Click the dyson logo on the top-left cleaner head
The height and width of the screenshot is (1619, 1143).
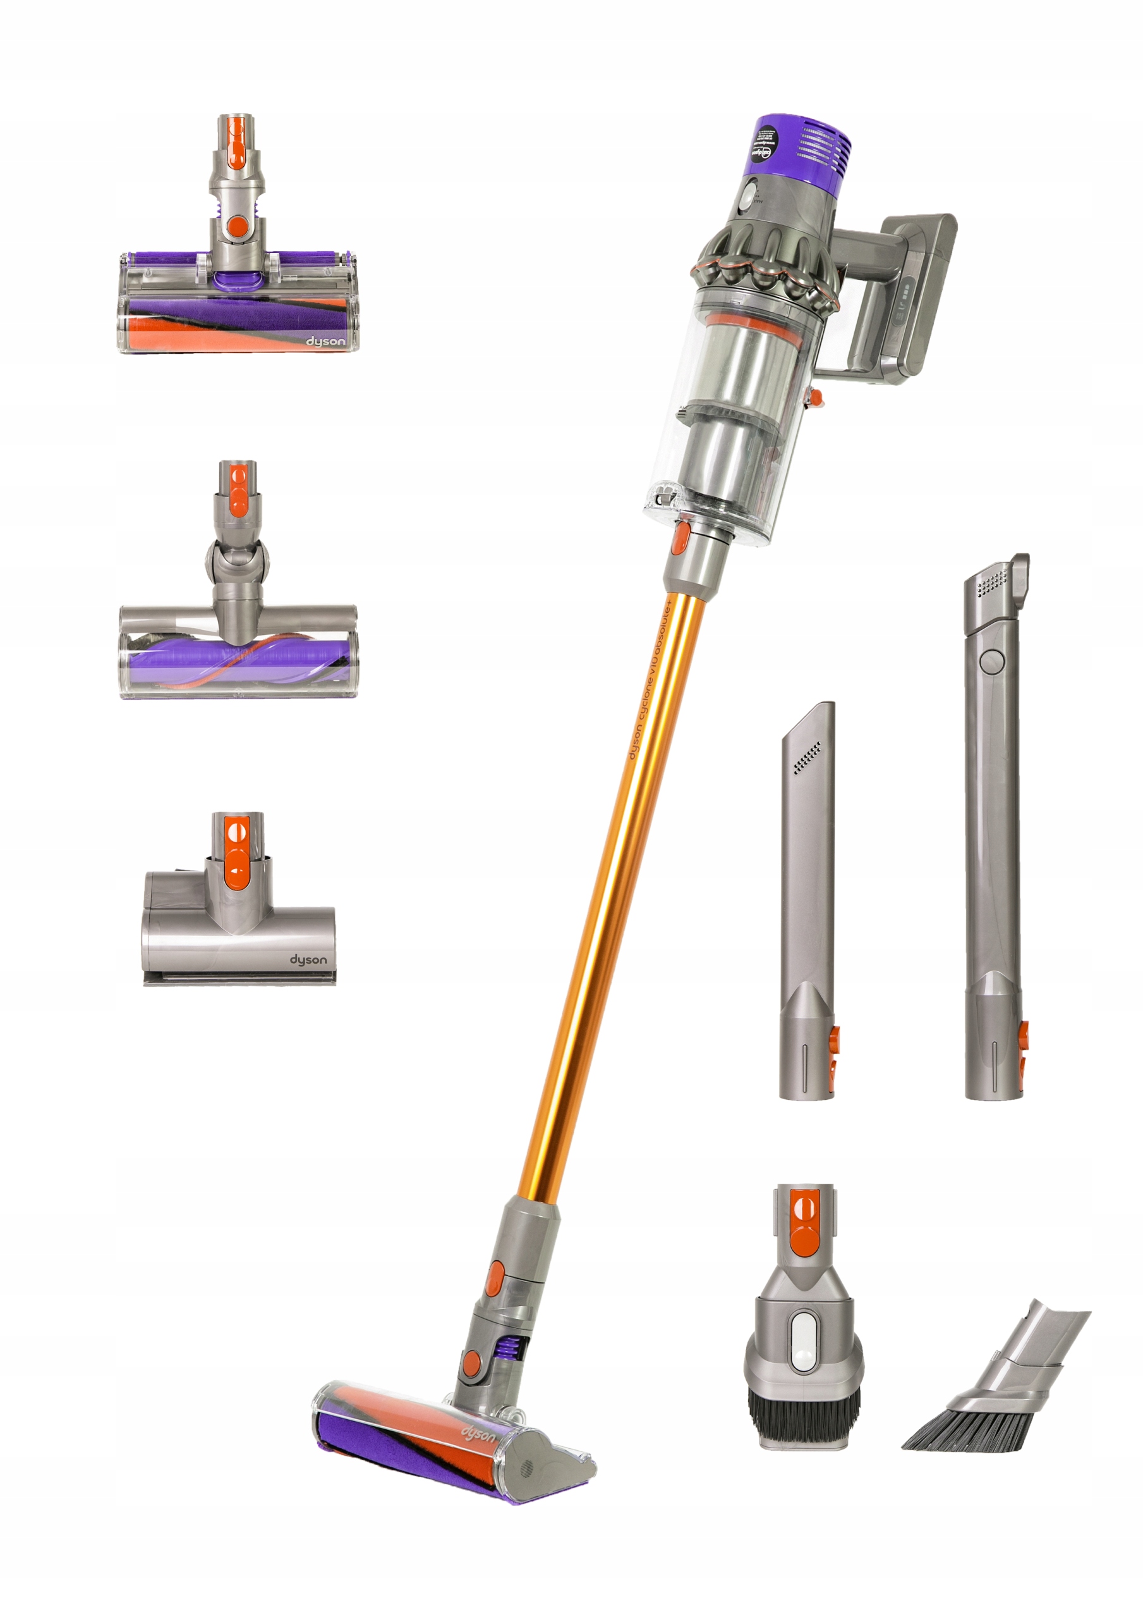click(325, 342)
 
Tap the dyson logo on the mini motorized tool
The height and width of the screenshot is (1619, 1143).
click(308, 959)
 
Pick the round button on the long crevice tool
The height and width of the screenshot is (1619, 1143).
click(991, 661)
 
